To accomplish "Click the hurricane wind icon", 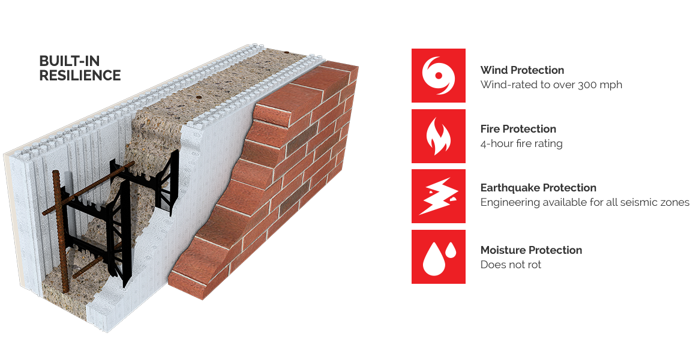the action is coord(439,76).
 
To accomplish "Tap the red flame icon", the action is coord(439,136).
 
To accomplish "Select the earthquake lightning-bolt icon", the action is coord(439,196).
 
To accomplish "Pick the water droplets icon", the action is coord(439,257).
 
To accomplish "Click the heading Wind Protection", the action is coord(522,70).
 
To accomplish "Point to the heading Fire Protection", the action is coord(518,129).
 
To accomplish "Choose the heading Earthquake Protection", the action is coord(538,188).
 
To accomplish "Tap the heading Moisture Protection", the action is coord(531,250).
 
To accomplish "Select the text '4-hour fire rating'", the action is coord(521,143).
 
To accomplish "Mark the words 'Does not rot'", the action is coord(511,265).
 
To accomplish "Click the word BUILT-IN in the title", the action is coord(70,61).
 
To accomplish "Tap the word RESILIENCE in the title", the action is coord(80,76).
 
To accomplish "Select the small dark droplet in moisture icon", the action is coord(451,250).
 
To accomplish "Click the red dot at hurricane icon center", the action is coord(439,76).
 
